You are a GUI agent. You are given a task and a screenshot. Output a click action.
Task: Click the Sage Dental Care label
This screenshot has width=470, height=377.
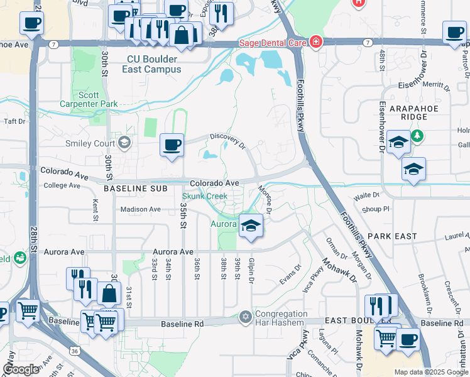pos(271,43)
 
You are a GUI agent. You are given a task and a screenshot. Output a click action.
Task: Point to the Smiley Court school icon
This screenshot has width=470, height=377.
pos(124,142)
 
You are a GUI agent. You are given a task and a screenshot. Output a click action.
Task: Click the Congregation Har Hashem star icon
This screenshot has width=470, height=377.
pos(245,316)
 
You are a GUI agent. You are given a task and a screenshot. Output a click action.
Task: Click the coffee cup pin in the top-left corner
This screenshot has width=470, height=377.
pos(31,24)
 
